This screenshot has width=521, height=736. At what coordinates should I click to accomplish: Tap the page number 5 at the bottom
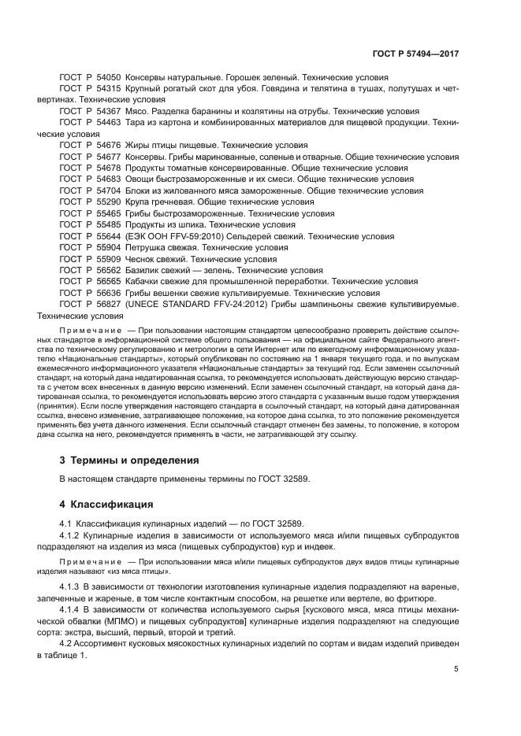(x=456, y=669)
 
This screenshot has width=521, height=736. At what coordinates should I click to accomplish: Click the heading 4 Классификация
(x=108, y=504)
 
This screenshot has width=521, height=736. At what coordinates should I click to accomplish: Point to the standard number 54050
(x=108, y=78)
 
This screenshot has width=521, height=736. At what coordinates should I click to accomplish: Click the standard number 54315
(x=108, y=90)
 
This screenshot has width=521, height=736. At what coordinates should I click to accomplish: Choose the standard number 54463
(x=108, y=123)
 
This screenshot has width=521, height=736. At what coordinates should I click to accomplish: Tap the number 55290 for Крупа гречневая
(x=108, y=202)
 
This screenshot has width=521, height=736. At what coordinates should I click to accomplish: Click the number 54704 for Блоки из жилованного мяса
(x=108, y=190)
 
